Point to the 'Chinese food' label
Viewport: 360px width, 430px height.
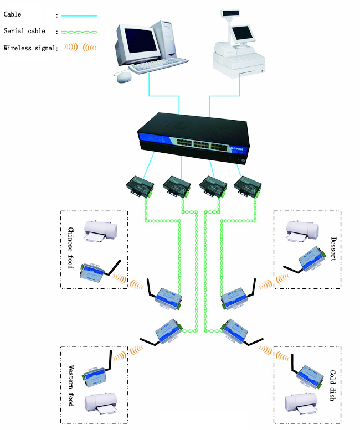click(70, 247)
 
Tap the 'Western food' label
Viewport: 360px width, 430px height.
click(71, 385)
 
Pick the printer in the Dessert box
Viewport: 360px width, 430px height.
click(301, 231)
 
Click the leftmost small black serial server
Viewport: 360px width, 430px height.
click(141, 185)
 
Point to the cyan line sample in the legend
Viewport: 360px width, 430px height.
click(80, 16)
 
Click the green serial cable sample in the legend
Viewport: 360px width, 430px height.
click(80, 32)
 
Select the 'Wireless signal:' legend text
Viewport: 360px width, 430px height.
click(30, 48)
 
